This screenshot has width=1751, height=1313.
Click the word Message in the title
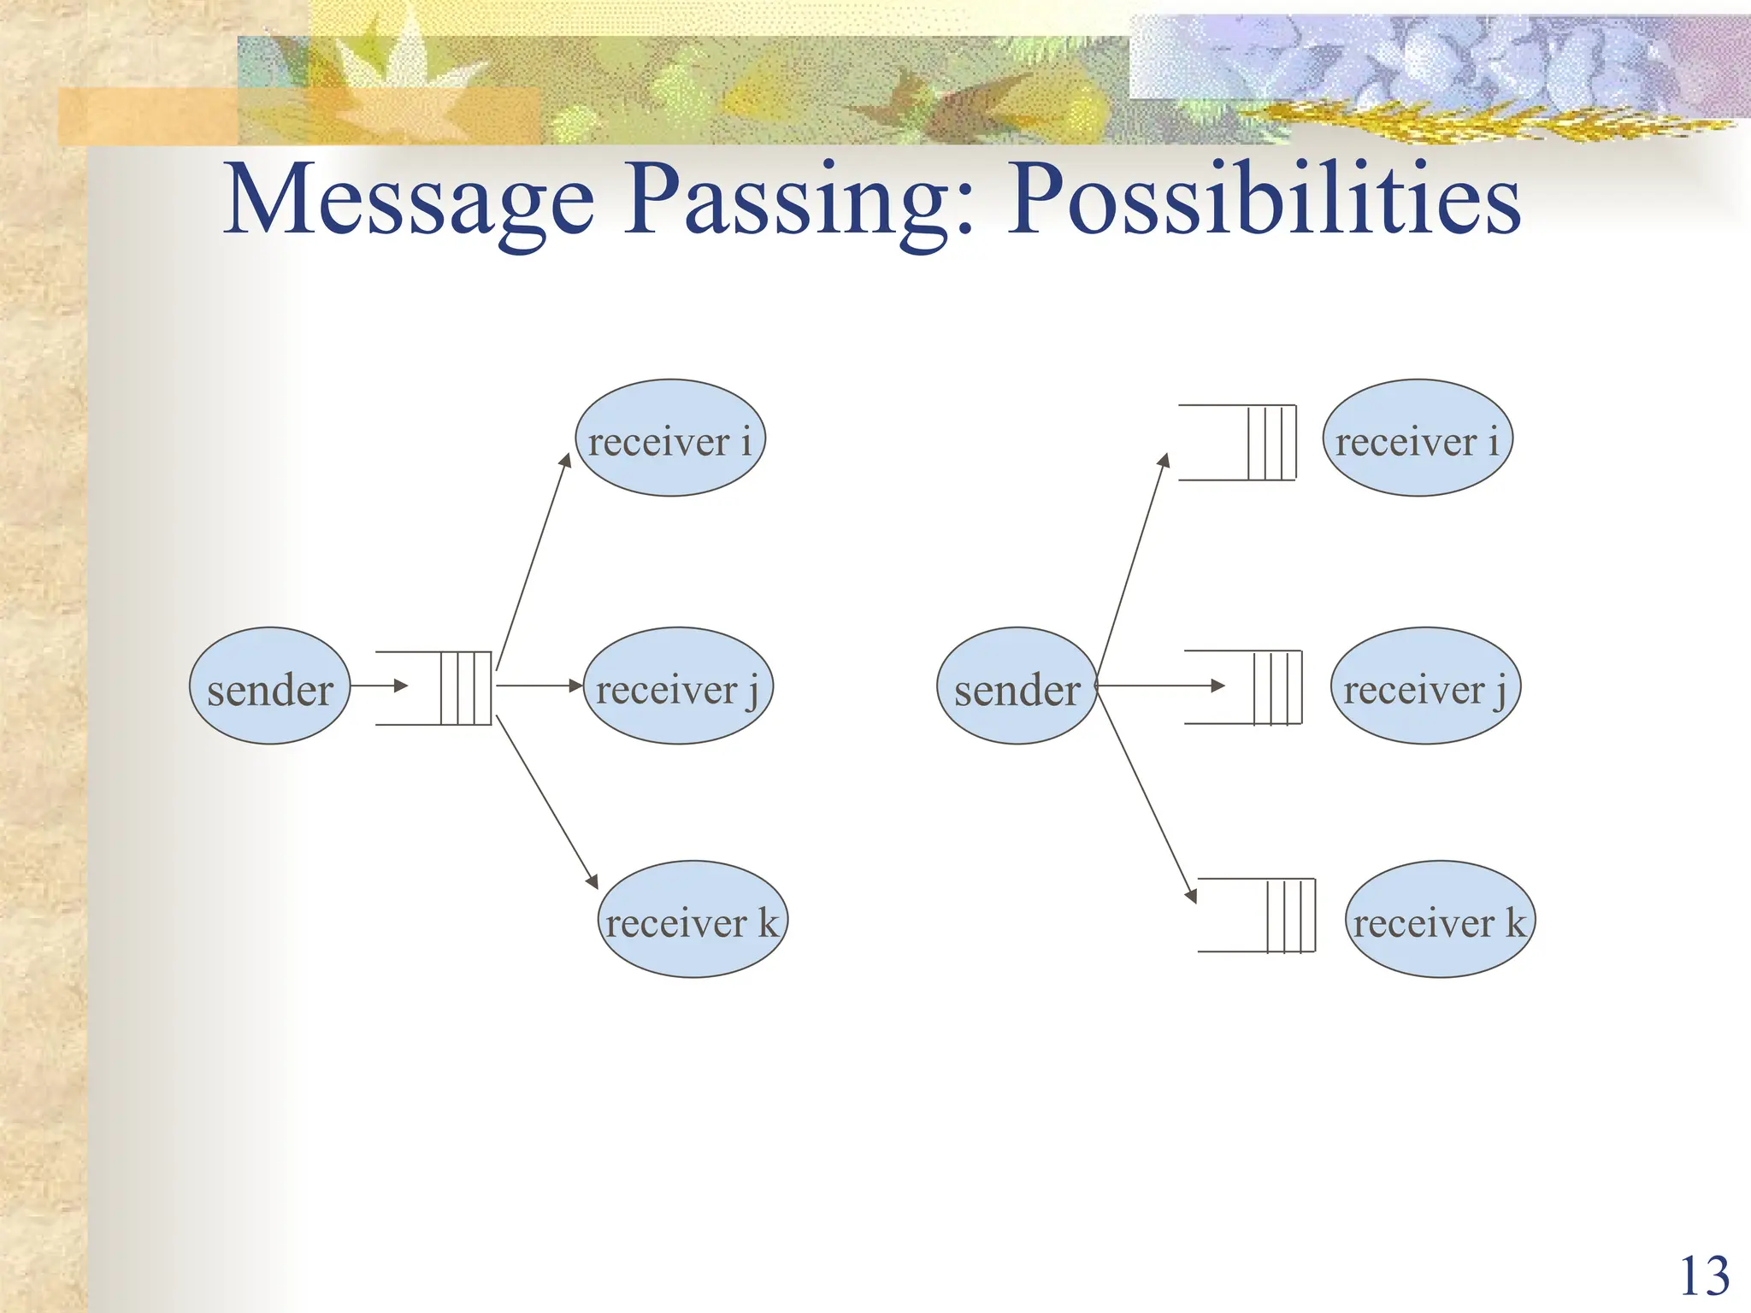[409, 201]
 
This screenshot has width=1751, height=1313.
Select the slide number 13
[1704, 1277]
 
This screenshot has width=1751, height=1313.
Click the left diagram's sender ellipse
[269, 686]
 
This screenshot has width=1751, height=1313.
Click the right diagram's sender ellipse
[1017, 686]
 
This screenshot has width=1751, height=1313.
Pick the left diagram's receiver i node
[670, 439]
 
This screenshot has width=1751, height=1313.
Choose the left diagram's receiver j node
[678, 686]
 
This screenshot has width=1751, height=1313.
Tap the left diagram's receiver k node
[692, 920]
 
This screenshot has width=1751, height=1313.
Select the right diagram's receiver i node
[1417, 439]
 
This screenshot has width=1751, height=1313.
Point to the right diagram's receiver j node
[1425, 686]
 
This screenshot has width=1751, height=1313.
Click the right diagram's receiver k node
[1440, 920]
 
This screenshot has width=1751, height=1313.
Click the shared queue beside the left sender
[453, 688]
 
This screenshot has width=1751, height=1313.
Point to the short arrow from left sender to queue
[379, 686]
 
